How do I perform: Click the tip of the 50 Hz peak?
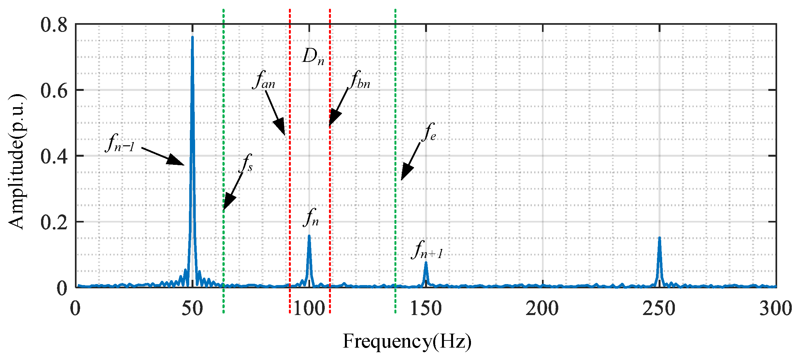192,37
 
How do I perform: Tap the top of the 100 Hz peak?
309,236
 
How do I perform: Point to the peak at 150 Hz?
426,263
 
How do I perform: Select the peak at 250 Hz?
660,238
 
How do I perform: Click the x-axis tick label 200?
542,308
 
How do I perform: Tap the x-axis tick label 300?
776,308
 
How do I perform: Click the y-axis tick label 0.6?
54,90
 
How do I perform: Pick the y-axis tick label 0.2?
54,222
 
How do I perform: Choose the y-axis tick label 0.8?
54,25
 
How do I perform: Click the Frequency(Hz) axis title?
407,341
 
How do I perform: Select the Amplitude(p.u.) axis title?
16,161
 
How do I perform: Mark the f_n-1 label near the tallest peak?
120,144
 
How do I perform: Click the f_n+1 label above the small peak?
427,250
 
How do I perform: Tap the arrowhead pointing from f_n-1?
178,161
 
